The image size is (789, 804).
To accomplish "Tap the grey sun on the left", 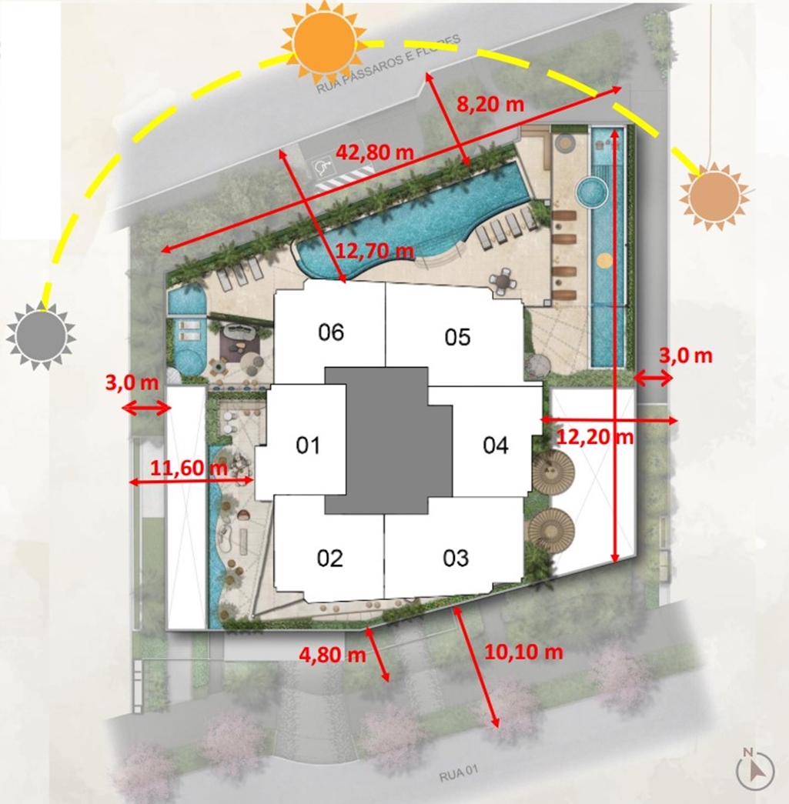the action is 41,336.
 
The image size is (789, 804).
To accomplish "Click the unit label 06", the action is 331,332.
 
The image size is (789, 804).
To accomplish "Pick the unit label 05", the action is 457,337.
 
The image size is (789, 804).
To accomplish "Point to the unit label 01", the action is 308,445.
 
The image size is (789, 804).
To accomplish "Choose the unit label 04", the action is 496,445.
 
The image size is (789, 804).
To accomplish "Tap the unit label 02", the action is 330,558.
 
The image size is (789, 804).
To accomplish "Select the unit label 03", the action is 456,558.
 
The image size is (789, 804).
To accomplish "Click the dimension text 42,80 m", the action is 374,152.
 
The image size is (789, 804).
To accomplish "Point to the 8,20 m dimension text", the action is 490,104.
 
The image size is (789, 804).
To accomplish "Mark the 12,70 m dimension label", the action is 375,251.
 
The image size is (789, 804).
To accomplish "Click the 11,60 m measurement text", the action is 189,468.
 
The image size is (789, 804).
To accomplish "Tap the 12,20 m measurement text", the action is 595,437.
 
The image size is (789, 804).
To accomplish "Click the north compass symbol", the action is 754,769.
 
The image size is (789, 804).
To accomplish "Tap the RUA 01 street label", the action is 459,774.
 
